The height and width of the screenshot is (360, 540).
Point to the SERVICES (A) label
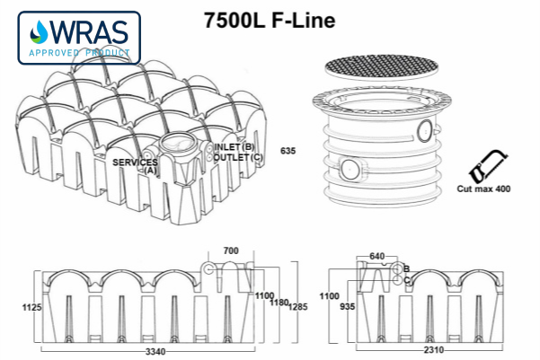pyautogui.click(x=136, y=165)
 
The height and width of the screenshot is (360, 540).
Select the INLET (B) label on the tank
pyautogui.click(x=235, y=147)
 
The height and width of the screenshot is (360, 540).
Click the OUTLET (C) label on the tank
pyautogui.click(x=238, y=157)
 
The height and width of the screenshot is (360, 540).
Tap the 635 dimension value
pyautogui.click(x=288, y=150)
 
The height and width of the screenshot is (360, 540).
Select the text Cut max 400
pyautogui.click(x=482, y=190)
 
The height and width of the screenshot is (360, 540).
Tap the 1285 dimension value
pyautogui.click(x=297, y=307)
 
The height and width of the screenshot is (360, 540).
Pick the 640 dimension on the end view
pyautogui.click(x=376, y=256)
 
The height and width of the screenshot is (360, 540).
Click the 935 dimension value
pyautogui.click(x=346, y=307)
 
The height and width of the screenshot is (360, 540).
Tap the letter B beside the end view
pyautogui.click(x=407, y=268)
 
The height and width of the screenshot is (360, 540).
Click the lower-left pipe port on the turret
pyautogui.click(x=352, y=167)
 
